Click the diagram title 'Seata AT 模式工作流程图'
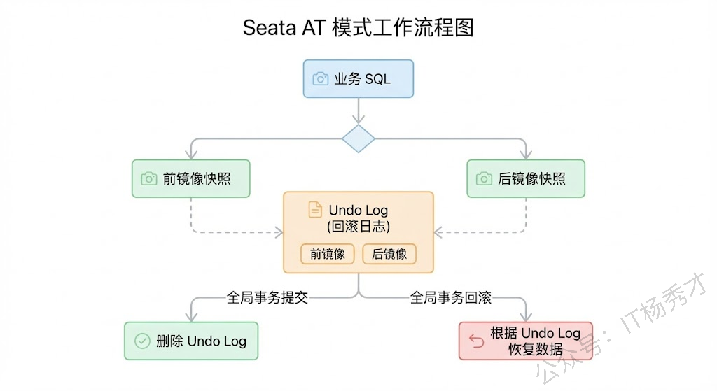(358, 27)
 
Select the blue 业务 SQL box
(358, 78)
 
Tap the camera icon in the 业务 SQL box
(320, 78)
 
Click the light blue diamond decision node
(358, 139)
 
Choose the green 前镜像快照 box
(190, 178)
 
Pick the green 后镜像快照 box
(525, 178)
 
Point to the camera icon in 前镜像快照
(149, 178)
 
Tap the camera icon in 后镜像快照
(484, 178)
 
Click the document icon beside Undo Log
(316, 210)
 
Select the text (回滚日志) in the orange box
(358, 227)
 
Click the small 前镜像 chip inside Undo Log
(328, 254)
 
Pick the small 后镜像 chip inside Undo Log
(389, 254)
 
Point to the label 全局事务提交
(267, 298)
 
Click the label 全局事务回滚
(450, 298)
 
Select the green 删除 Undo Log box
(190, 341)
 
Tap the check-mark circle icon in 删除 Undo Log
(142, 341)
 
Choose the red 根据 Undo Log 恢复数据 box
(525, 341)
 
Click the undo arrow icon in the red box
(476, 341)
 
